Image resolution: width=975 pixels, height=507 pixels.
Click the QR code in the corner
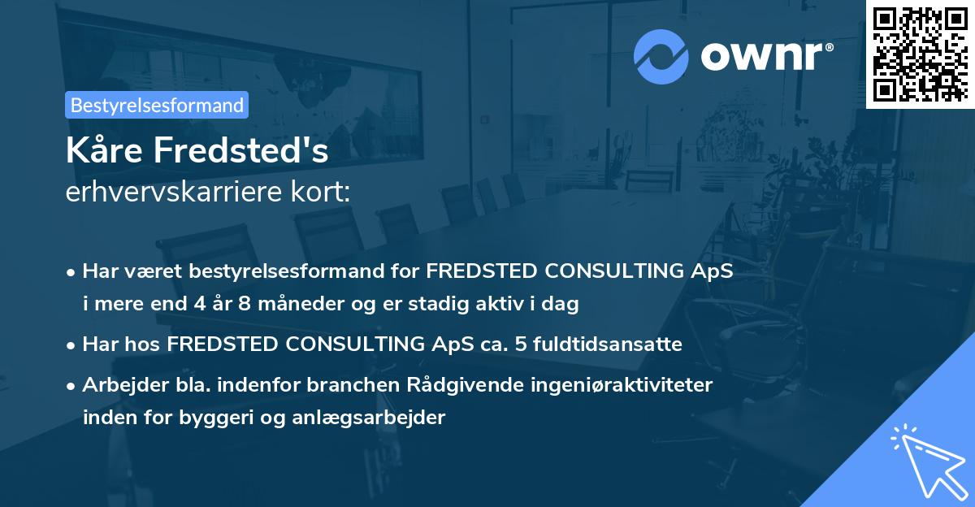tap(920, 54)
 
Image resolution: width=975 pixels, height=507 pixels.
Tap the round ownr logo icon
tap(661, 56)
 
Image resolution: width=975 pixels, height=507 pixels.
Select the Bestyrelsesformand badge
tap(157, 105)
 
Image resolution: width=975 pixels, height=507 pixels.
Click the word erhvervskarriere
tap(171, 193)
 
